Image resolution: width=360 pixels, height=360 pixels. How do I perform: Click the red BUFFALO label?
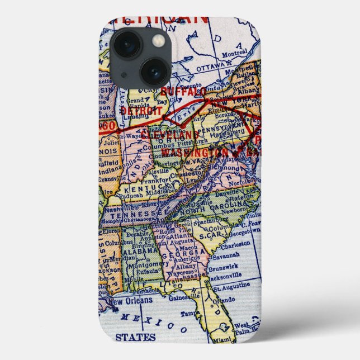[183, 91]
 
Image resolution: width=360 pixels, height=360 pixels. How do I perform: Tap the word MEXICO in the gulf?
[151, 321]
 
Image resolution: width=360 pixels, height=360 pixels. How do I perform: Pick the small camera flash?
[159, 40]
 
